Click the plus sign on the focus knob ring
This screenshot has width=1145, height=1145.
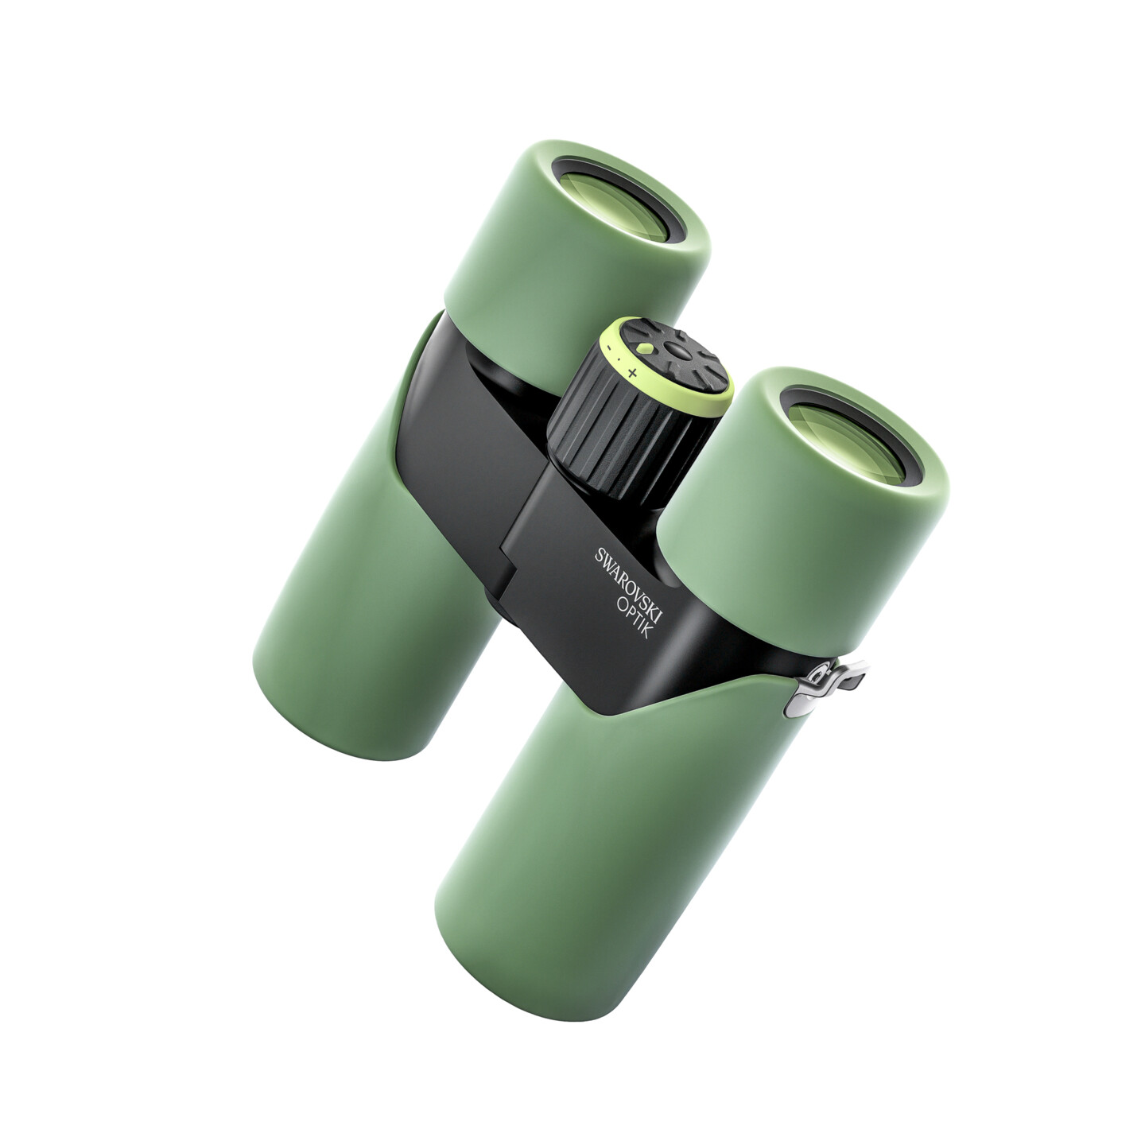pyautogui.click(x=632, y=374)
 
